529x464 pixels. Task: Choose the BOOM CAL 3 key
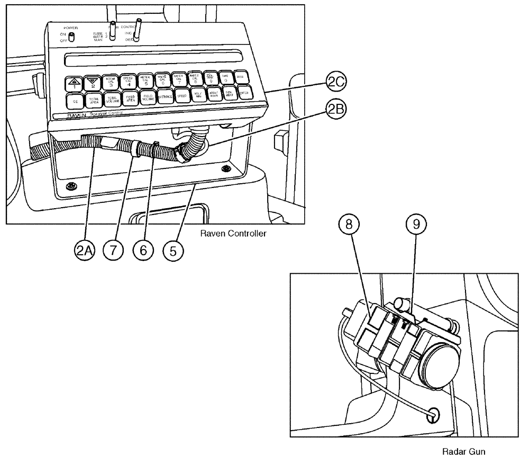[111, 82]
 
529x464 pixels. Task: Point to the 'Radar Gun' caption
[461, 452]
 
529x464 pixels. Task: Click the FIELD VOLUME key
[148, 97]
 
